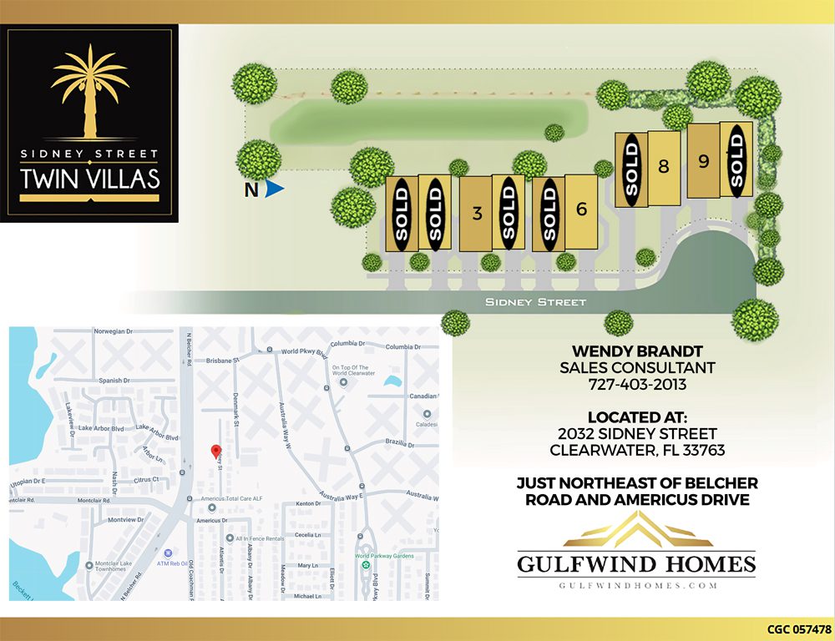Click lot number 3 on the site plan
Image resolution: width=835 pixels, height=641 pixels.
(x=477, y=213)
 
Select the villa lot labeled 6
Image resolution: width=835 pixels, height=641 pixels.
(x=582, y=209)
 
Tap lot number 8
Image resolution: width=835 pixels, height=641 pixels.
(x=664, y=166)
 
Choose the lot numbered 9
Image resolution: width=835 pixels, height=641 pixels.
(x=704, y=161)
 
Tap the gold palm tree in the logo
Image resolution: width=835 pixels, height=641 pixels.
(x=89, y=90)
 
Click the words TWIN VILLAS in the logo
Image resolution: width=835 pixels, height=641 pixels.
(x=89, y=179)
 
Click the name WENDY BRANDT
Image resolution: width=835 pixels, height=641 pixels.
(x=637, y=351)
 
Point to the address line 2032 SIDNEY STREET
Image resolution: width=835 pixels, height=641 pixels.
(x=637, y=434)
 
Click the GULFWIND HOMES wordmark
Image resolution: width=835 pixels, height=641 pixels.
(x=636, y=564)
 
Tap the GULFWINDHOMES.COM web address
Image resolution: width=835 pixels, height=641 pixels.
(x=636, y=586)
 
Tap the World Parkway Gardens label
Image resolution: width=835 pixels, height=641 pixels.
(x=384, y=556)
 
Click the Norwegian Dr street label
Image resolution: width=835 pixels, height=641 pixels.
(x=114, y=331)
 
